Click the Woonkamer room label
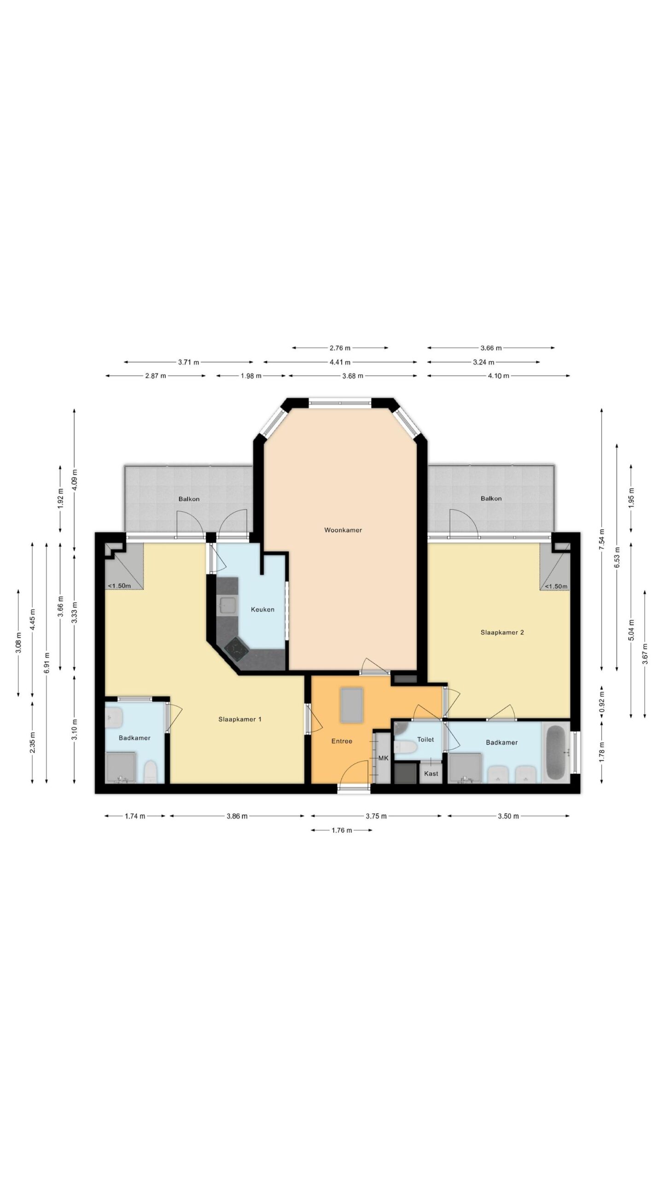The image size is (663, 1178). click(x=343, y=530)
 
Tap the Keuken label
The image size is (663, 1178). click(x=262, y=610)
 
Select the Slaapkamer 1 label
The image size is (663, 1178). click(x=240, y=719)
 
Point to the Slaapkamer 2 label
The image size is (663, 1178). click(x=502, y=632)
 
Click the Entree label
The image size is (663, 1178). click(x=342, y=741)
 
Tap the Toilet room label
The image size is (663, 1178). click(x=425, y=739)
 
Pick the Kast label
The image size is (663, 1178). click(x=431, y=774)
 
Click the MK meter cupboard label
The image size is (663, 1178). click(x=384, y=758)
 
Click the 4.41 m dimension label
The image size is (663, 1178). click(x=340, y=362)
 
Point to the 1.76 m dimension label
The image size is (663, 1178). click(x=341, y=830)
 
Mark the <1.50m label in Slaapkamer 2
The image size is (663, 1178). click(x=556, y=586)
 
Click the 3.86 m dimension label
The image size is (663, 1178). click(x=237, y=816)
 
